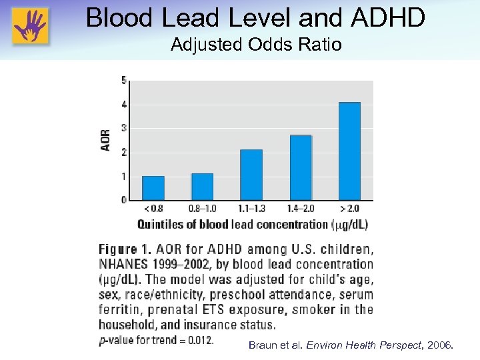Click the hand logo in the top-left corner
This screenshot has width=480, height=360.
click(x=29, y=26)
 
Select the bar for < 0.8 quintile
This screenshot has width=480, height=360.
click(x=153, y=188)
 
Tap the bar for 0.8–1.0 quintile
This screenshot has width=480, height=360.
click(x=202, y=187)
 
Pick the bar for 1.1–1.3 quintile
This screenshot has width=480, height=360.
click(x=251, y=175)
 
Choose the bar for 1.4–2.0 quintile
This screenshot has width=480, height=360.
click(x=301, y=167)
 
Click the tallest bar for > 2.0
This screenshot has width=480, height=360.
click(x=349, y=151)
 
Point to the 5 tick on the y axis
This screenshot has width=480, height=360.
click(x=124, y=81)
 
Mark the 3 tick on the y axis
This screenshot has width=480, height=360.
click(x=124, y=128)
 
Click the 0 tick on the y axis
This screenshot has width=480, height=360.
click(x=124, y=200)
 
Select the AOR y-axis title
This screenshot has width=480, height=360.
click(x=106, y=140)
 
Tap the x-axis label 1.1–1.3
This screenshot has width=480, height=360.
click(x=251, y=209)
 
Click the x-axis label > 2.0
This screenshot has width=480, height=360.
click(x=349, y=209)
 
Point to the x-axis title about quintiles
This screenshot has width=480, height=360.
click(x=253, y=225)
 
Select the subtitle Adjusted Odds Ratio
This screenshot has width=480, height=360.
click(x=256, y=45)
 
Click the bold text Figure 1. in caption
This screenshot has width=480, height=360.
click(x=125, y=250)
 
